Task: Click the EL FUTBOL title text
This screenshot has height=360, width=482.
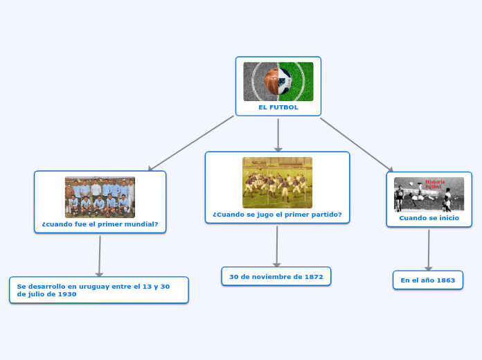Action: pos(278,107)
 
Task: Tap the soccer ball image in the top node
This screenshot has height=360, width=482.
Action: pos(278,82)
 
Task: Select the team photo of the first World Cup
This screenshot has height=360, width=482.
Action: pos(100,197)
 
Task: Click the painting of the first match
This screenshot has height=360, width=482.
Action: pos(277,182)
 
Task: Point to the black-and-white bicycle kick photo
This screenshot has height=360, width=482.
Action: pos(429,195)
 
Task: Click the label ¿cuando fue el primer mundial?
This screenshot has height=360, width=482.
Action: pos(100,224)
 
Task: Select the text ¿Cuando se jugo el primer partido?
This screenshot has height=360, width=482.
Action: pos(277,215)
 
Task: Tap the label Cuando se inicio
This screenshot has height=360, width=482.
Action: pos(429,217)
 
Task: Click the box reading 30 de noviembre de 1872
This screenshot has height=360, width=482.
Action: pos(276,277)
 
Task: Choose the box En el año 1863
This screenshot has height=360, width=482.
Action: pos(428,280)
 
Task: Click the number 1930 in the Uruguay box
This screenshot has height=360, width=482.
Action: pos(67,294)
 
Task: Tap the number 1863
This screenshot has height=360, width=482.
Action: pos(445,280)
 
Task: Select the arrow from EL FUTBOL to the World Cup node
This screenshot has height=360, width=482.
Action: pos(191,143)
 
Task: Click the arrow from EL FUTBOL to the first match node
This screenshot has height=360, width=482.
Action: pos(278,134)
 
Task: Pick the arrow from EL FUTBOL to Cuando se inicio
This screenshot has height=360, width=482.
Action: pos(356,144)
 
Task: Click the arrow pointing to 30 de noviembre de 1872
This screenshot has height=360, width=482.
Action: pos(277,246)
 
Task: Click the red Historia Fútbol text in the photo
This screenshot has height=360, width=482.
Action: pos(434,184)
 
